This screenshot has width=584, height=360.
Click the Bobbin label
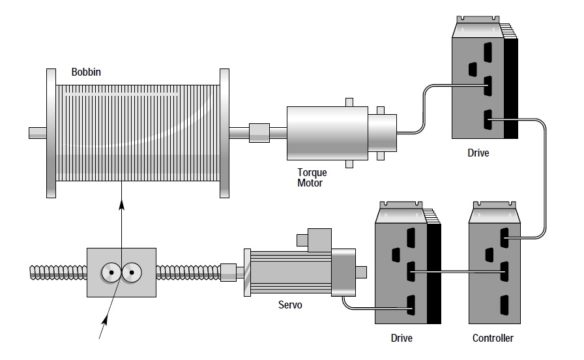coord(86,72)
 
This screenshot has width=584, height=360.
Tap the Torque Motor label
coord(312,178)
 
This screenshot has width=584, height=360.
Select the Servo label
coord(290,305)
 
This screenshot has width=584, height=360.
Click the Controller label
coord(493,338)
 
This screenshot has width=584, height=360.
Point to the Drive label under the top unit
coord(478,153)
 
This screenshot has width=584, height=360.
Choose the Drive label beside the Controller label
coord(401,338)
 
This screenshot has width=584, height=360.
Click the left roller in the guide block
coord(111,273)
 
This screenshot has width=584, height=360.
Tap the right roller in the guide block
coord(132,273)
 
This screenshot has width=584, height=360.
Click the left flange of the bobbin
coord(51,133)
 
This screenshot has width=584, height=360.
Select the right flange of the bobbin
coord(225,133)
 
